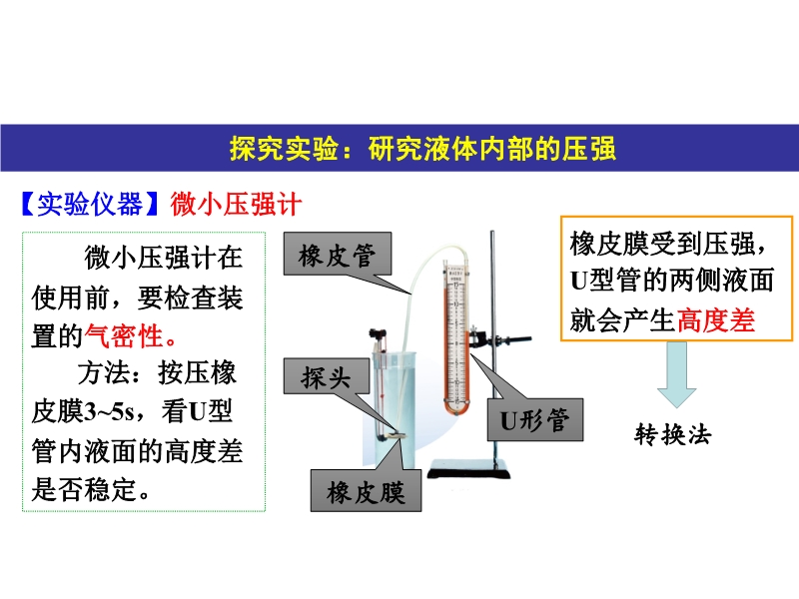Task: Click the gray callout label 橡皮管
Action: tap(338, 254)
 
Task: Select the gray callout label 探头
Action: tap(327, 376)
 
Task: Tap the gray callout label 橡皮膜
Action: tap(366, 491)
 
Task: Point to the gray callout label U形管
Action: tap(535, 419)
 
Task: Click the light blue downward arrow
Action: tap(677, 374)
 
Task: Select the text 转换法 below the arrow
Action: tap(672, 435)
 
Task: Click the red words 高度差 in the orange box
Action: tap(716, 320)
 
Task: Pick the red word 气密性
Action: tap(124, 336)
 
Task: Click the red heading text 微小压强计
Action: tap(236, 205)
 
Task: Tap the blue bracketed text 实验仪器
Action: tap(90, 205)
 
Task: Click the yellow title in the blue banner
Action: tap(422, 149)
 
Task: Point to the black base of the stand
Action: tap(468, 468)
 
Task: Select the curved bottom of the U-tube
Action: tap(456, 406)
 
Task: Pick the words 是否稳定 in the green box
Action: tap(84, 489)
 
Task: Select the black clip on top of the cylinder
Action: tap(379, 335)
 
